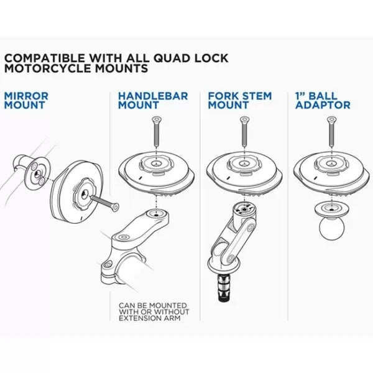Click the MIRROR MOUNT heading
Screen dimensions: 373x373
(25, 101)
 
